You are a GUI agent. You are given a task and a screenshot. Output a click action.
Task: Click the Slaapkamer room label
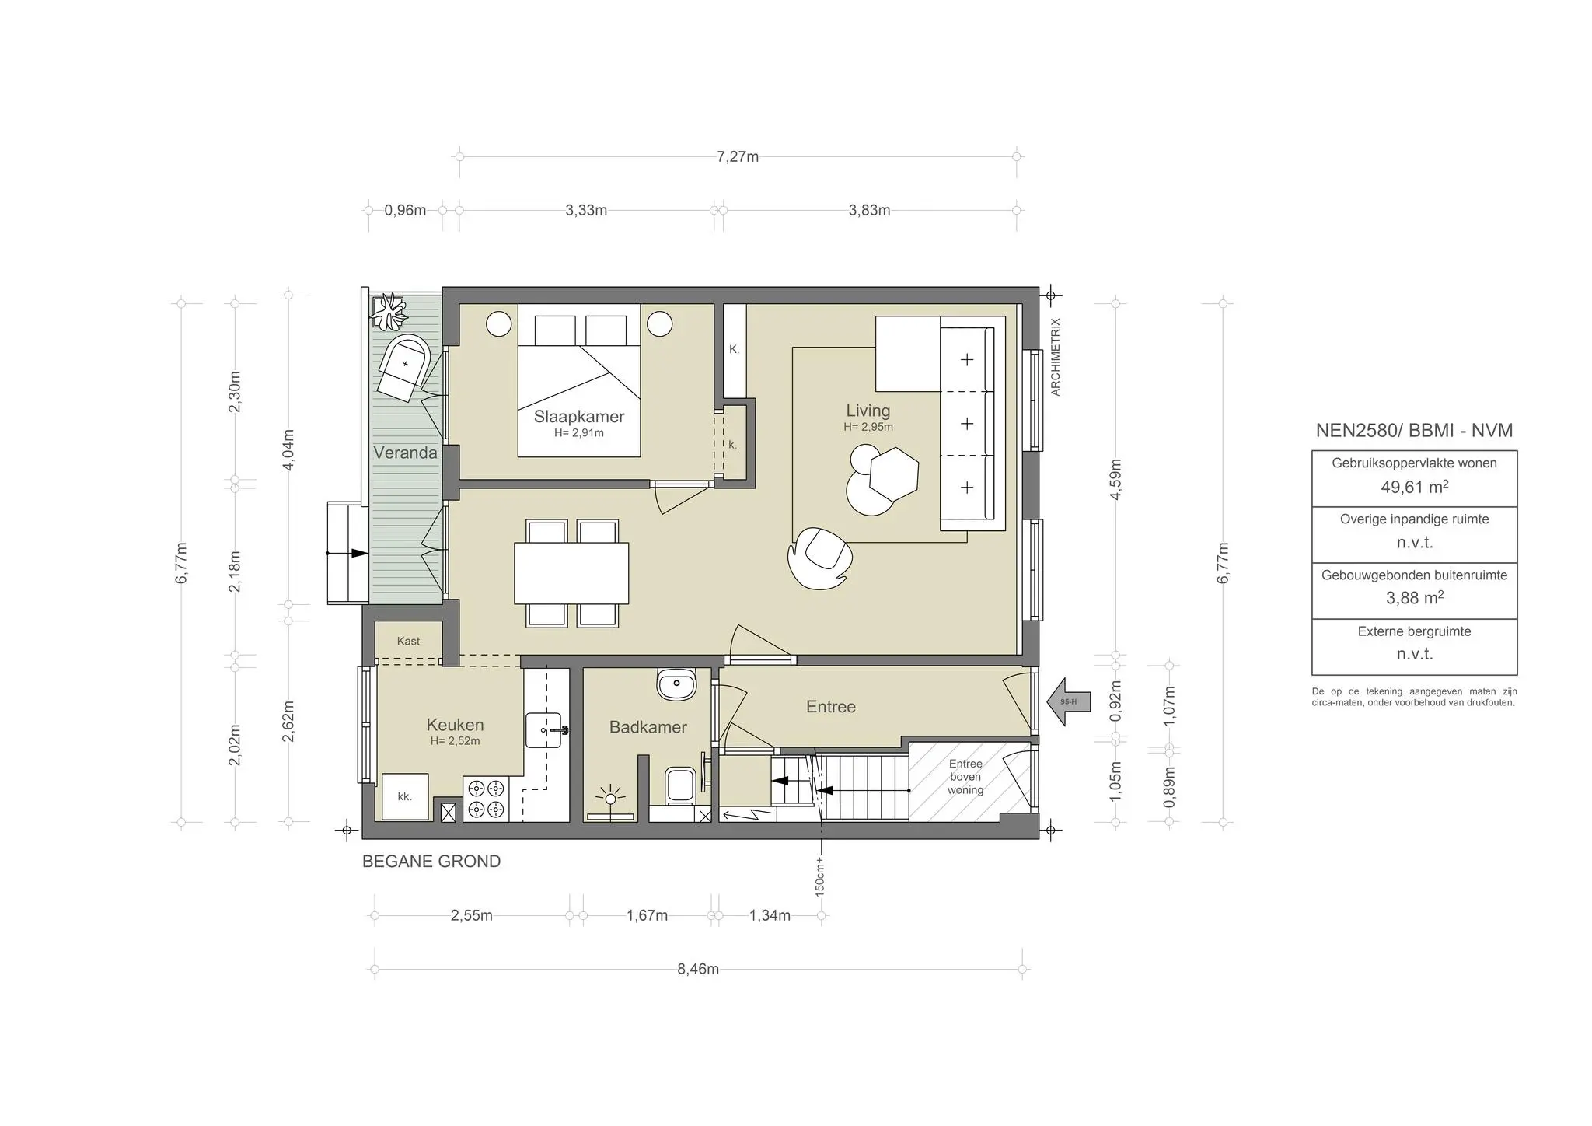[x=579, y=417]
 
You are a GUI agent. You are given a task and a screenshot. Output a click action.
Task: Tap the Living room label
[x=868, y=411]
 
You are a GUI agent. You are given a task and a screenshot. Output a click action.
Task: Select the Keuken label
[x=455, y=725]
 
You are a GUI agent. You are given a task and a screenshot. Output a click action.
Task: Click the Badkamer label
[x=648, y=727]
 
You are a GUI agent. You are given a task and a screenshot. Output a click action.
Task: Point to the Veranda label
[x=405, y=453]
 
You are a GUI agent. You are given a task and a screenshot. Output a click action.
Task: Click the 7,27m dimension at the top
[x=737, y=156]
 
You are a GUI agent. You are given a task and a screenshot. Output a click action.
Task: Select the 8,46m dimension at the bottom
[x=697, y=969]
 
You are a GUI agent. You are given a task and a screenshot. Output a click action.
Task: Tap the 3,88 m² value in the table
[x=1414, y=598]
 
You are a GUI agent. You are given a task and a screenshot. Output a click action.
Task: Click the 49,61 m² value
[x=1414, y=488]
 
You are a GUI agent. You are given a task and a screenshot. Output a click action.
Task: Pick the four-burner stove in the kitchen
[x=486, y=799]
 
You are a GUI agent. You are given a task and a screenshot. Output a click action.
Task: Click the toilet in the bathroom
[x=681, y=784]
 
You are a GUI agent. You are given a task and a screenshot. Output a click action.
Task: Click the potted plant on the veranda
[x=388, y=313]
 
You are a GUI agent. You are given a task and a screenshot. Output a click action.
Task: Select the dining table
[x=571, y=573]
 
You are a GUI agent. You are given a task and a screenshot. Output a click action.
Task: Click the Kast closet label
[x=408, y=641]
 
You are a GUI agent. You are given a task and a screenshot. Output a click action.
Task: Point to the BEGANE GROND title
[x=431, y=862]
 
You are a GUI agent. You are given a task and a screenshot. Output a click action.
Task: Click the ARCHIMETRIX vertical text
[x=1055, y=357]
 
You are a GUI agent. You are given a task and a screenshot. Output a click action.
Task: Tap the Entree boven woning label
[x=965, y=777]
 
